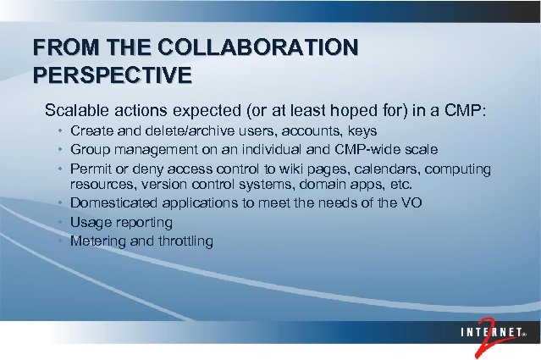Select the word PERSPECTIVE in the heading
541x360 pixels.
112,75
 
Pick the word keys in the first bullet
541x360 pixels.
362,131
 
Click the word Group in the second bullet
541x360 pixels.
90,150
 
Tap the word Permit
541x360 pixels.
91,169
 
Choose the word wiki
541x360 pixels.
273,169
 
